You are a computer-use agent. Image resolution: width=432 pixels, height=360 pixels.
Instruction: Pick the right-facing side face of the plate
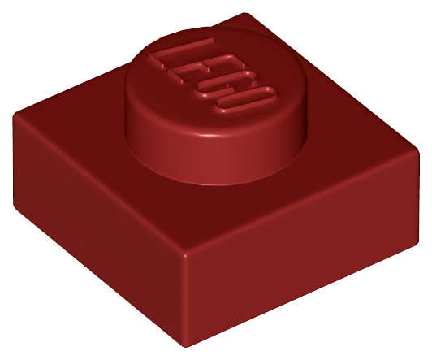303,248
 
